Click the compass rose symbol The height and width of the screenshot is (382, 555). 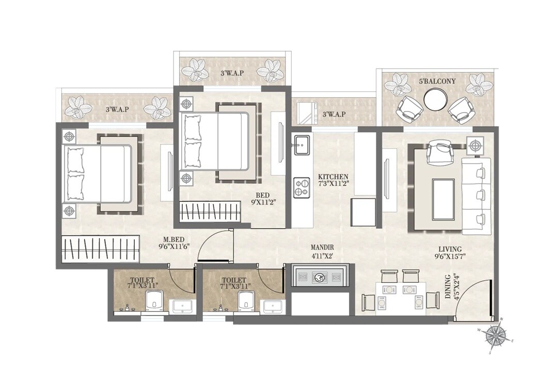coord(495,336)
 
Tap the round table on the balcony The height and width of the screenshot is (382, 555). coord(434,99)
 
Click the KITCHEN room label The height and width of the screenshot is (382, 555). coord(332,177)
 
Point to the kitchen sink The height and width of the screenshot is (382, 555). coord(301,144)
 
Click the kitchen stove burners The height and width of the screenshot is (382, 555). coord(301,188)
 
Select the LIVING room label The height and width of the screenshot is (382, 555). coord(447,249)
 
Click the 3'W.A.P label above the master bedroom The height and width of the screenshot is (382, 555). coord(117,109)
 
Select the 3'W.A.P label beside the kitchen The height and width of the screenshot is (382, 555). coord(333,114)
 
